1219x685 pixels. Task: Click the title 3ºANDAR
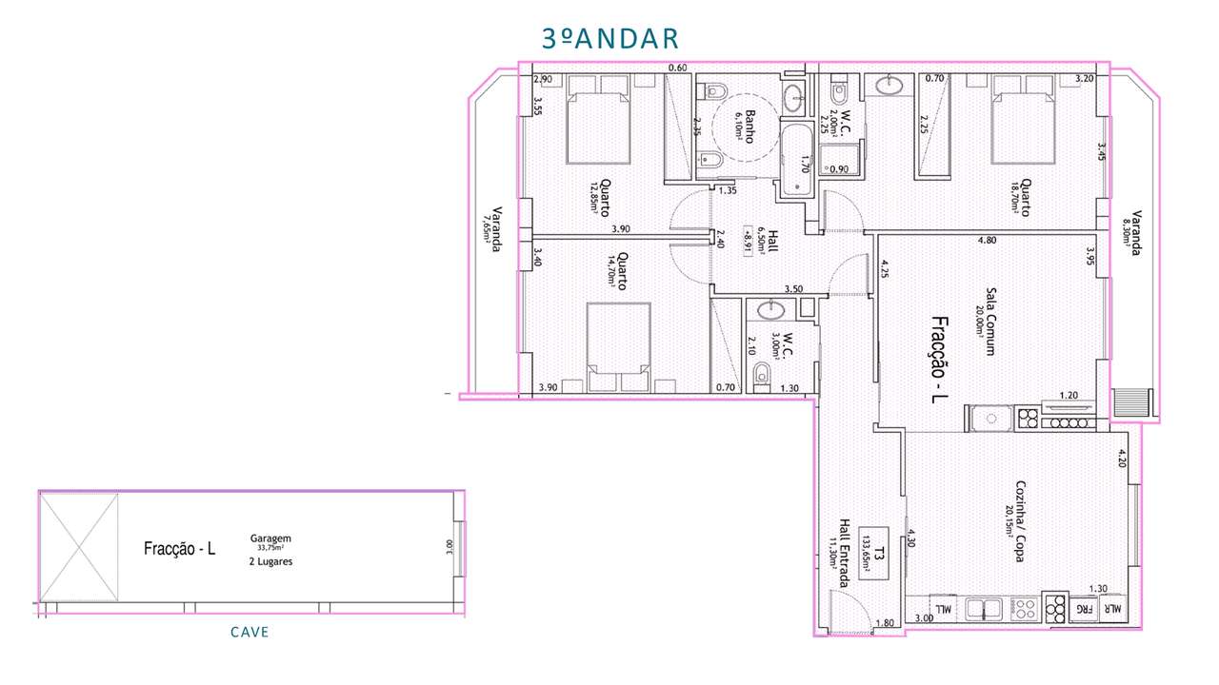pos(609,38)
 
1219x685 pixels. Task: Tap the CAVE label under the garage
pos(250,633)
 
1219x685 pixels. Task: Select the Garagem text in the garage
pos(270,538)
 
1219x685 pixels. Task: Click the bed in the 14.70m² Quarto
pos(618,347)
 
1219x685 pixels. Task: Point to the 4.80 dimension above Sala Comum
pos(988,241)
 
